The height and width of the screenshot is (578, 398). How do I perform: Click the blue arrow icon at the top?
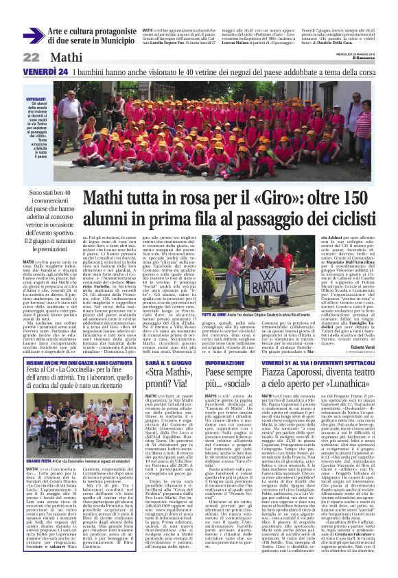[34, 36]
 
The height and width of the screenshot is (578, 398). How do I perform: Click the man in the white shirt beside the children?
[69, 110]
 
